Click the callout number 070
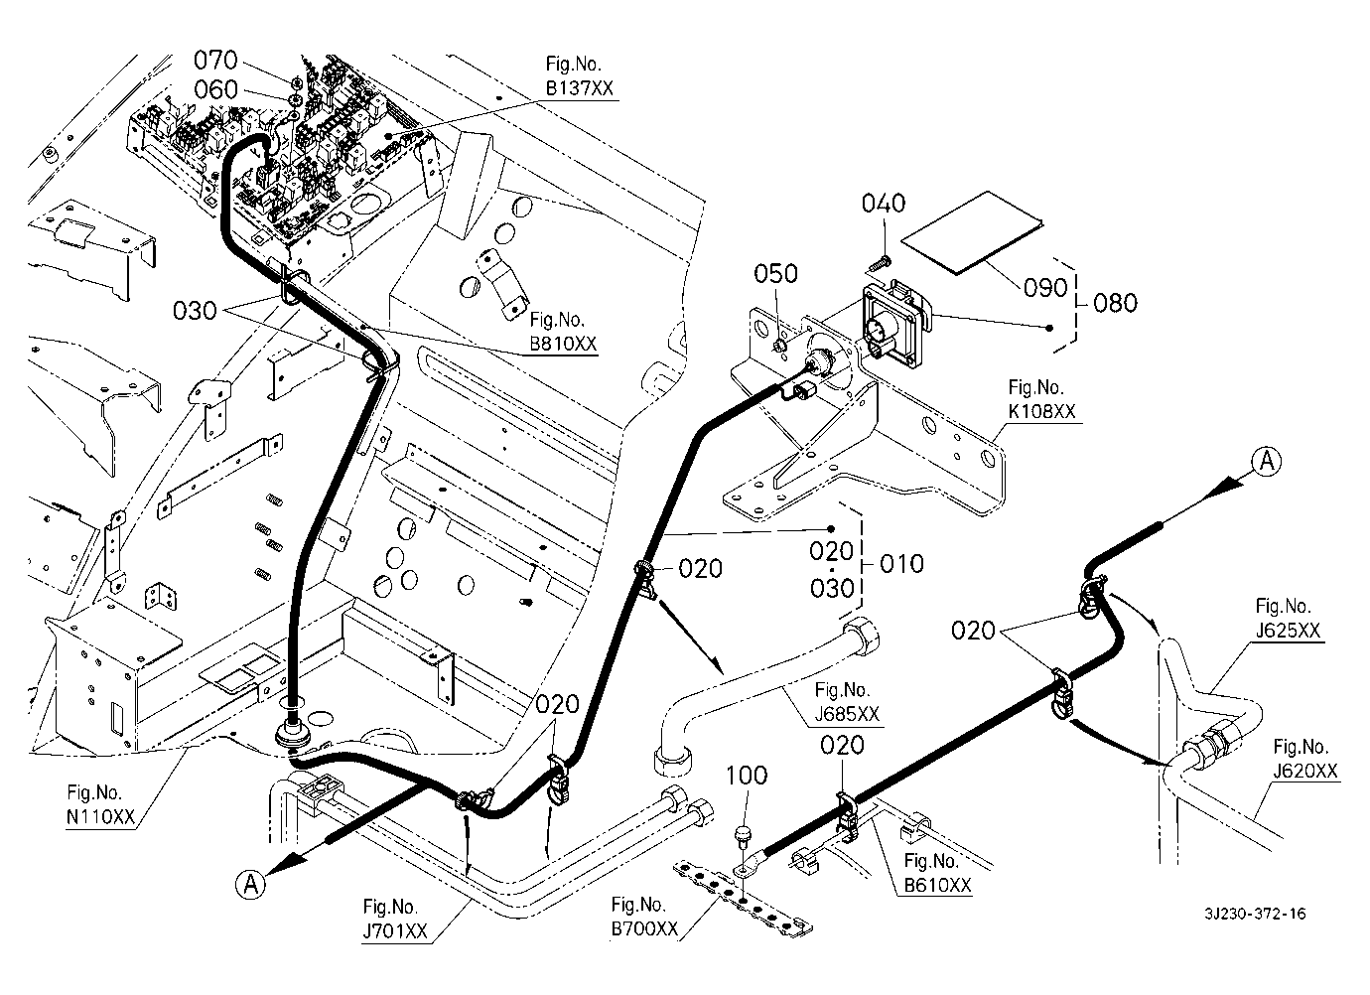coord(215,62)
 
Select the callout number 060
coord(215,90)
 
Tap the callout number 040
coord(883,204)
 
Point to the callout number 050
coord(775,274)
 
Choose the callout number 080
coord(1115,302)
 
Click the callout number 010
coord(901,564)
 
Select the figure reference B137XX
coord(579,88)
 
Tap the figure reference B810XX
coord(563,345)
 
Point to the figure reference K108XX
coord(1041,410)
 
